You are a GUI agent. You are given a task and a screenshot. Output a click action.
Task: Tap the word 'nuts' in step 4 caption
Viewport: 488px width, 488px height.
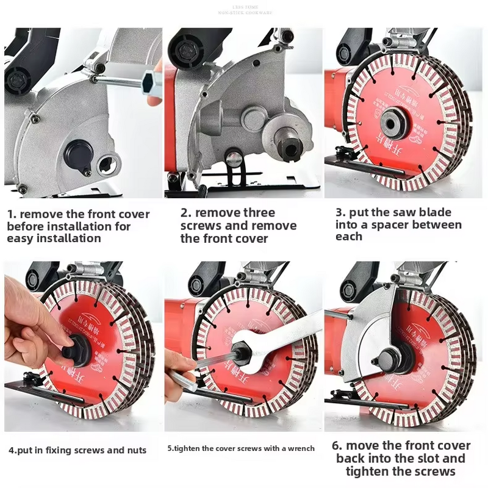point(132,450)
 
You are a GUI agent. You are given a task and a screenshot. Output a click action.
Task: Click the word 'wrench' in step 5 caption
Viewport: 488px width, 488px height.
point(298,448)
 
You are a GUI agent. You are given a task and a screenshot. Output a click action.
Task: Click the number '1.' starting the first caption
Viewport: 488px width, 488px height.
point(12,214)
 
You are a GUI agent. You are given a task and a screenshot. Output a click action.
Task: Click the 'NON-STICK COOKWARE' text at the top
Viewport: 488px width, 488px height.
point(245,12)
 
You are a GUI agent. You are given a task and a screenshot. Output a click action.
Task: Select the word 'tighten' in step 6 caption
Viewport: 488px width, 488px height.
point(368,472)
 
